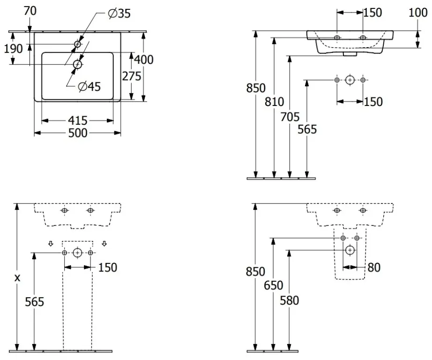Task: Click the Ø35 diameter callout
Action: (119, 14)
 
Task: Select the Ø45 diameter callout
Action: (89, 87)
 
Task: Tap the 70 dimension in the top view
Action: (30, 11)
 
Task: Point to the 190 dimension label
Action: (13, 49)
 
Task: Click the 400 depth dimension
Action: (144, 60)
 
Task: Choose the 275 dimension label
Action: (132, 76)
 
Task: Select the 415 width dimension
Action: (78, 120)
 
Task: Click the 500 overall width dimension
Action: (78, 133)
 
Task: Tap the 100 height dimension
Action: (418, 13)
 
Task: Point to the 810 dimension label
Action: (275, 102)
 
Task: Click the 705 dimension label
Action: (290, 117)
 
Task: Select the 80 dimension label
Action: (374, 267)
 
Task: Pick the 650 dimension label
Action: (274, 285)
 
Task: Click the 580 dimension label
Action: (289, 300)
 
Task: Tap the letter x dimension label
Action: (17, 278)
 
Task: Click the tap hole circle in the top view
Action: (77, 44)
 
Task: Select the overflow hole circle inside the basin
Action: (78, 65)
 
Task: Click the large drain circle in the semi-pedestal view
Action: (350, 250)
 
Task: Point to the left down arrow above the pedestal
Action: (51, 243)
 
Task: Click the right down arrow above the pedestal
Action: (104, 243)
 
